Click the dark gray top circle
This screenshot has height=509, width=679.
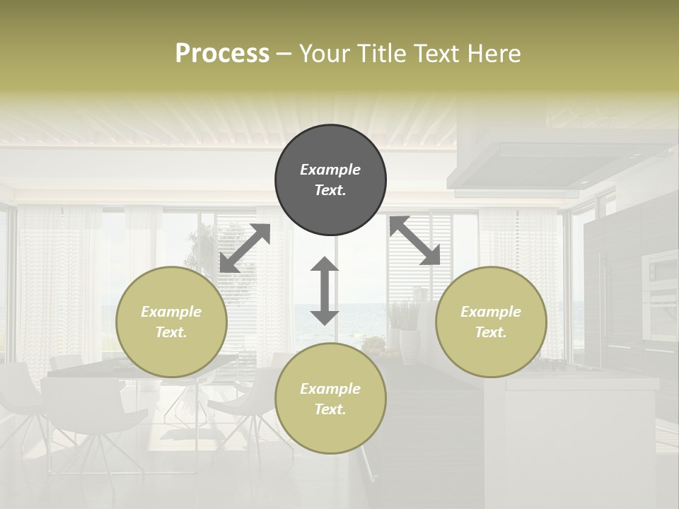click(x=330, y=180)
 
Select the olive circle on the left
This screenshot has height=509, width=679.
click(x=171, y=322)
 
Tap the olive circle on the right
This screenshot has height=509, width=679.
click(x=491, y=322)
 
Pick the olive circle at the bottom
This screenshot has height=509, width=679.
click(x=330, y=399)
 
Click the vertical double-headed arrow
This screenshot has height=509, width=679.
click(x=325, y=291)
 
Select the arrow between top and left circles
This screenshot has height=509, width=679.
click(x=245, y=248)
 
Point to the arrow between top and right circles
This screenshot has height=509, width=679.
click(x=414, y=241)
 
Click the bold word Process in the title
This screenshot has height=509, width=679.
click(x=222, y=53)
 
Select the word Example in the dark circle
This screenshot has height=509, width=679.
click(x=330, y=170)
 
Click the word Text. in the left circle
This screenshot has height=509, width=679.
click(x=171, y=332)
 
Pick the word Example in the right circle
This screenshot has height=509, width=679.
click(x=491, y=312)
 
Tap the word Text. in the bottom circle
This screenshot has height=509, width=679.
click(x=330, y=409)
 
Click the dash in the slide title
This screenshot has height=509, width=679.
click(x=284, y=54)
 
